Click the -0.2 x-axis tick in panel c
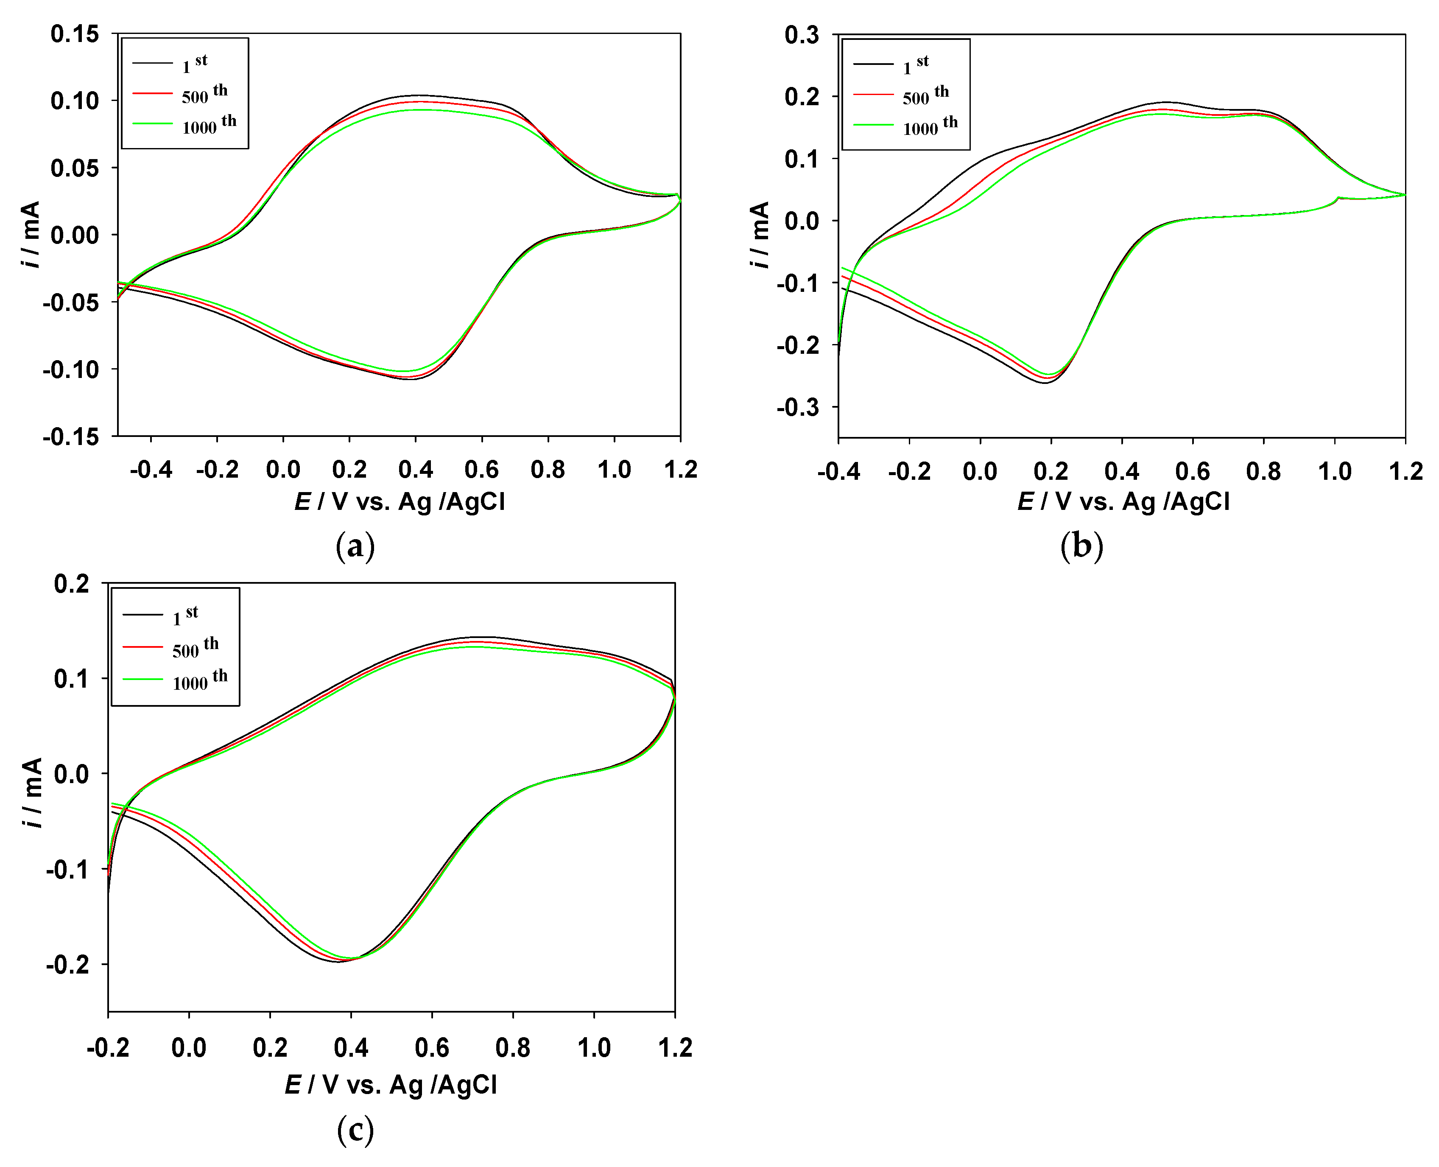(x=108, y=1047)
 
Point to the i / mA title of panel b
(x=760, y=235)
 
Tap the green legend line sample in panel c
(x=143, y=680)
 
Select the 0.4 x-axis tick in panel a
(x=415, y=469)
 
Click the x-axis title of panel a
(x=400, y=501)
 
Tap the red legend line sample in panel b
(x=874, y=95)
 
